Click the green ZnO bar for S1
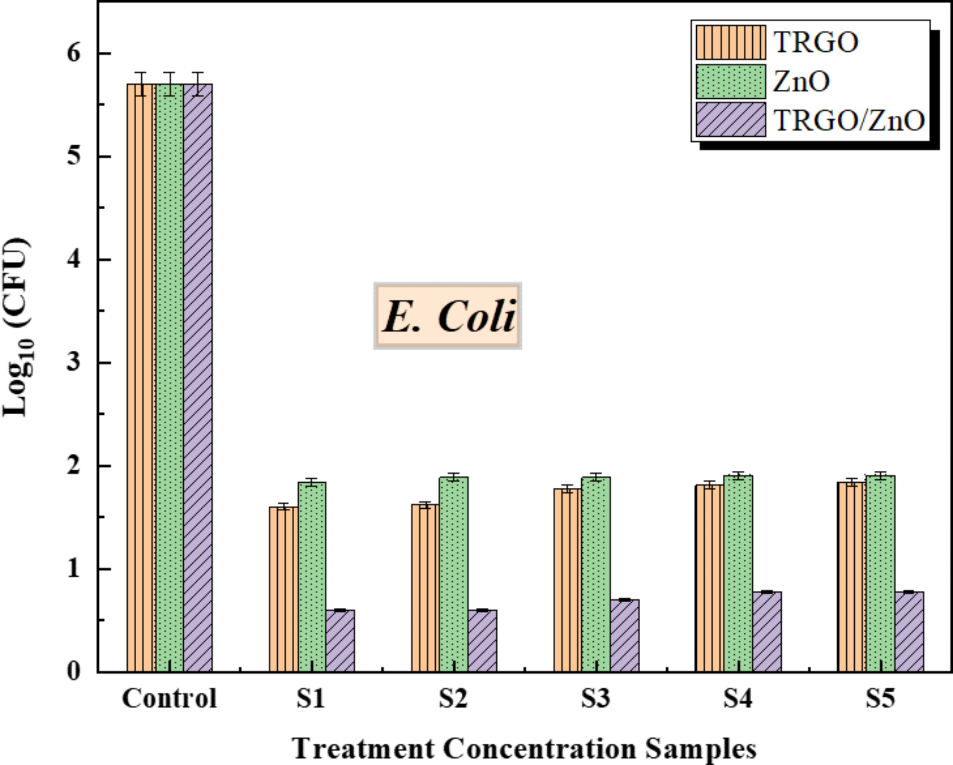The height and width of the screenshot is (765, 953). tap(312, 577)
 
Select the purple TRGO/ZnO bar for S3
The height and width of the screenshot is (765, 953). tap(625, 635)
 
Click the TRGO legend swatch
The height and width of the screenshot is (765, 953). tap(730, 42)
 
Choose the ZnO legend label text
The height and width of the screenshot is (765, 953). tap(801, 82)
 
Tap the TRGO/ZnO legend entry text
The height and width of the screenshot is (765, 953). tap(849, 121)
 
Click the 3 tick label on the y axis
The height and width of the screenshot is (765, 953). tap(74, 363)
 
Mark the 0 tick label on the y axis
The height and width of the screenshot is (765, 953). tap(74, 672)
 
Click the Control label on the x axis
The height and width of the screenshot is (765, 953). tap(169, 698)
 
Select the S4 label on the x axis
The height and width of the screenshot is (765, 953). tap(738, 698)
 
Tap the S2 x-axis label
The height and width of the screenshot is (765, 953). tap(453, 698)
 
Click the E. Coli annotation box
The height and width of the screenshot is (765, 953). tap(448, 316)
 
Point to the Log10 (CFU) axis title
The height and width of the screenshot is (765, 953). tap(17, 327)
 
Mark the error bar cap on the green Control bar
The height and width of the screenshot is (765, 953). tap(169, 73)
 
